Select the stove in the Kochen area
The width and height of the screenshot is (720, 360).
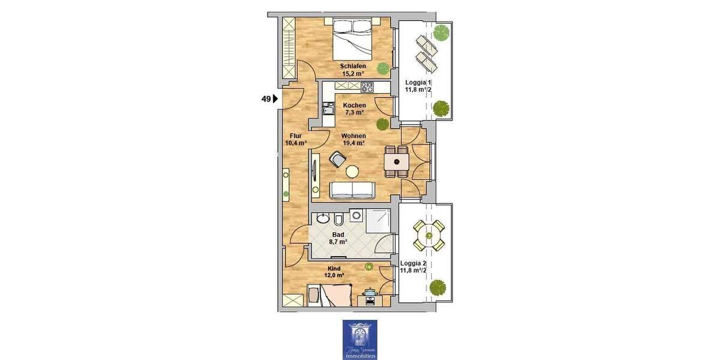tap(367, 88)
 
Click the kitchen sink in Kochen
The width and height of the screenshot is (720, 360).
tap(327, 110)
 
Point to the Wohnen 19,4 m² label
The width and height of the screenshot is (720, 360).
tap(354, 139)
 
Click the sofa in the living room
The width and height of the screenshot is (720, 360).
tap(352, 190)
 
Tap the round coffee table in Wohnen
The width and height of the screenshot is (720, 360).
tap(352, 172)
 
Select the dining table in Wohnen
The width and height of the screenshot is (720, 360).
tap(397, 162)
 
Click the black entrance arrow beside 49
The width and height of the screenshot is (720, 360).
tap(275, 100)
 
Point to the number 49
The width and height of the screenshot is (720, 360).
tap(265, 100)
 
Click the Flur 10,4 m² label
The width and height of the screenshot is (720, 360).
tap(295, 139)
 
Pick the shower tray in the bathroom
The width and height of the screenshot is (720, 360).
tap(380, 220)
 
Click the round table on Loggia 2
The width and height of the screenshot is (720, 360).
tap(429, 235)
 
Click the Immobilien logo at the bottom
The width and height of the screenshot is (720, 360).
tap(359, 340)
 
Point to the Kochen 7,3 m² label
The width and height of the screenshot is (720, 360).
tap(354, 109)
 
